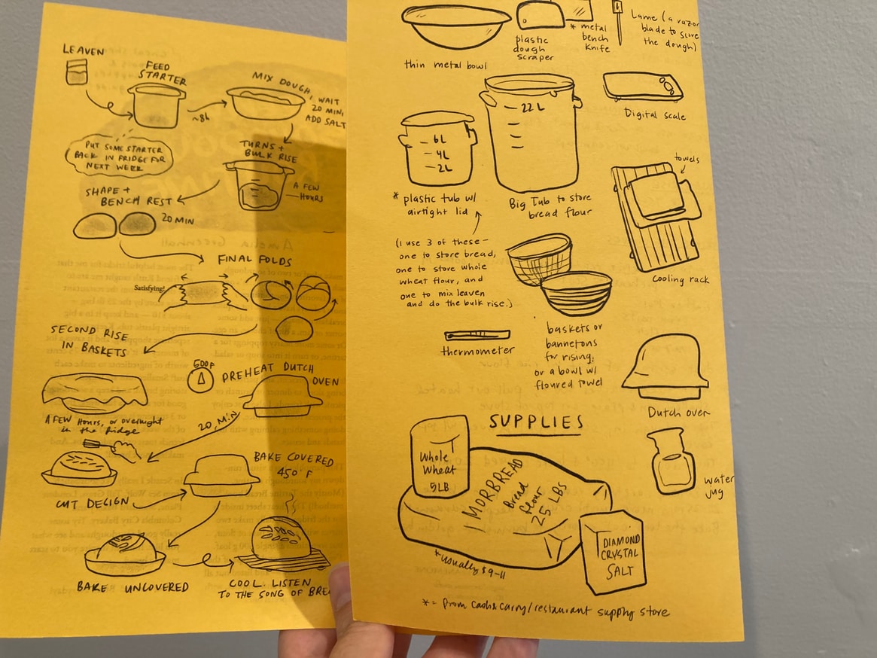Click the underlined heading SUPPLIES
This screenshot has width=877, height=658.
(x=535, y=422)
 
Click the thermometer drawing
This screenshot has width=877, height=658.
(x=477, y=335)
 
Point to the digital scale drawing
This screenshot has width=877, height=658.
(x=641, y=86)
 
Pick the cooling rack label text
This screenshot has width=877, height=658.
(x=659, y=281)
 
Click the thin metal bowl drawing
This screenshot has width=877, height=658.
(x=455, y=24)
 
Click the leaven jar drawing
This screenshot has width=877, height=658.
(x=76, y=72)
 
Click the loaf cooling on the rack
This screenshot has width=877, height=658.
(x=282, y=538)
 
